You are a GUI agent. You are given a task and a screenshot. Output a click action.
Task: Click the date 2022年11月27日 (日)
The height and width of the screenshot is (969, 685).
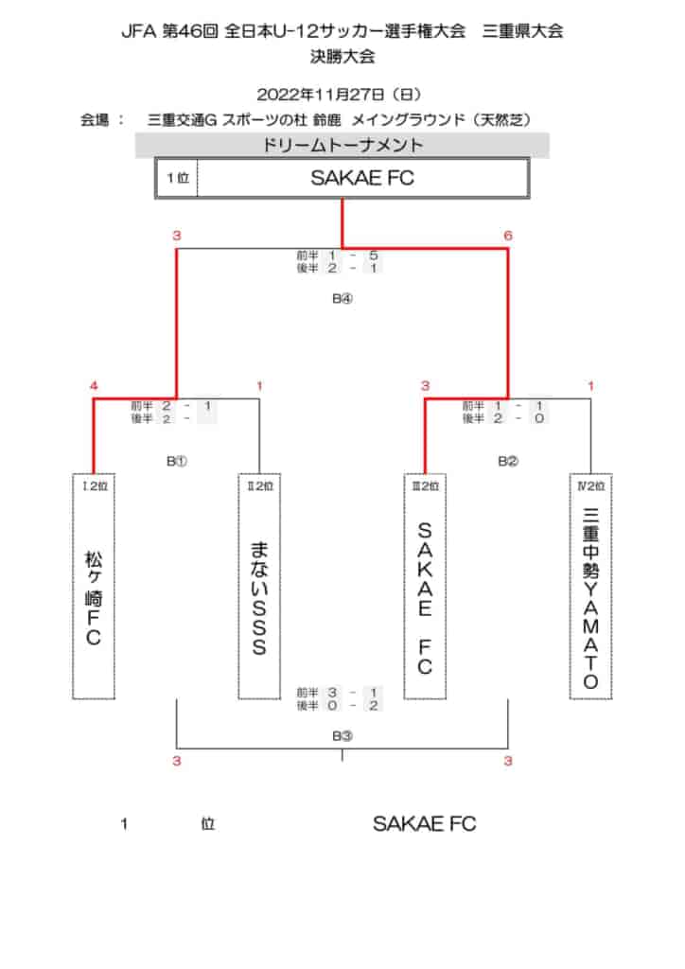[x=339, y=95]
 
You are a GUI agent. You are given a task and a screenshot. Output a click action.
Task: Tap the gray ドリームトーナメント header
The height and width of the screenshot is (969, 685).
[x=342, y=145]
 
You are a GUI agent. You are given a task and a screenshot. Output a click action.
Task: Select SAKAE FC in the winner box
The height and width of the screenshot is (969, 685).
[x=362, y=178]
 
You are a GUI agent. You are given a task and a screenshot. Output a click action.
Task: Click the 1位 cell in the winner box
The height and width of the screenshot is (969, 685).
[x=177, y=178]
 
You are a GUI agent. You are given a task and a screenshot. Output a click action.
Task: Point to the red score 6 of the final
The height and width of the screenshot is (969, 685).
[x=508, y=236]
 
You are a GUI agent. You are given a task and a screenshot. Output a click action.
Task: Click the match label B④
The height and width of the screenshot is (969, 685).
[x=342, y=298]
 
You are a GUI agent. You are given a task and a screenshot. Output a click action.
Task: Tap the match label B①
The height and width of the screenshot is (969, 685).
[x=177, y=461]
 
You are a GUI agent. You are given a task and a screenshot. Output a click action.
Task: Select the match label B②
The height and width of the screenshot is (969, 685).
[x=508, y=461]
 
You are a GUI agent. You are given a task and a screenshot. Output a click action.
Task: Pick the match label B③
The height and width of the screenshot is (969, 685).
[x=342, y=735]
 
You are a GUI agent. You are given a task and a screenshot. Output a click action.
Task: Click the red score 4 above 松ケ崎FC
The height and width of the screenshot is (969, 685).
[x=94, y=386]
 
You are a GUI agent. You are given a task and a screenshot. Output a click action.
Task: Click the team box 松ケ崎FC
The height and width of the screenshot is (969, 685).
[x=94, y=587]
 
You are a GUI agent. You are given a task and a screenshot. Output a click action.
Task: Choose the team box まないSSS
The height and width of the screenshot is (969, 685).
[x=259, y=587]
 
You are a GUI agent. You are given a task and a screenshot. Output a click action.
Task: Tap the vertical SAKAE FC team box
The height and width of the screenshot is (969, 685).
[x=425, y=587]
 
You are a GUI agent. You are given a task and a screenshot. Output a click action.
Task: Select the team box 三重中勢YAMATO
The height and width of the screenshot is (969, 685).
[x=590, y=587]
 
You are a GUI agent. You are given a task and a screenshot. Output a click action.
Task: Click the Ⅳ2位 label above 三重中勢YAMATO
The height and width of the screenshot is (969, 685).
[x=590, y=486]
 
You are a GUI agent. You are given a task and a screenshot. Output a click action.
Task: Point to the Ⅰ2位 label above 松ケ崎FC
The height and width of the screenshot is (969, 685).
[x=95, y=486]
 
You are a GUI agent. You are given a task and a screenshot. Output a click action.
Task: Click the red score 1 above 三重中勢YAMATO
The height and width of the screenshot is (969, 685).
[x=590, y=386]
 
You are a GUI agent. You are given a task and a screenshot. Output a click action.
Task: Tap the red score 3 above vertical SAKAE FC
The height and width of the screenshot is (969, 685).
[x=425, y=386]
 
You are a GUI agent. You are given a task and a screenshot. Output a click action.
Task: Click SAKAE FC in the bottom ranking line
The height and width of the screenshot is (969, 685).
[x=425, y=824]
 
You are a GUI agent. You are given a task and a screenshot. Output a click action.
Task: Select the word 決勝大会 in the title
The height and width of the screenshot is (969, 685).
[x=342, y=57]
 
